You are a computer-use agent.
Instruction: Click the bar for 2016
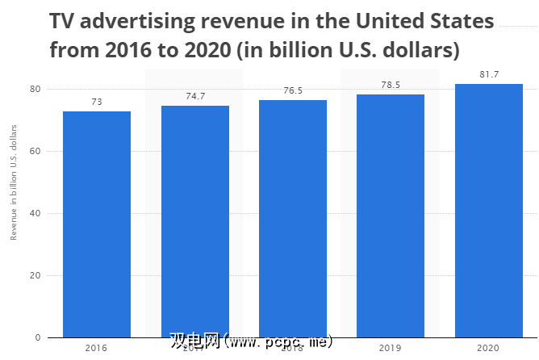click(97, 224)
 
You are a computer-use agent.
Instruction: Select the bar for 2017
click(194, 221)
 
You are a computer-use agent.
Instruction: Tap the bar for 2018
click(293, 218)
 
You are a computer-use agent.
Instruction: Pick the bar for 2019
click(391, 216)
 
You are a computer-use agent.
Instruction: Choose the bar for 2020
click(488, 210)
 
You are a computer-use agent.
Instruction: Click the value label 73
click(97, 103)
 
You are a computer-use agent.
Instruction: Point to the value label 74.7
click(194, 97)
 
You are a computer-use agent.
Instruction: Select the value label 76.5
click(293, 91)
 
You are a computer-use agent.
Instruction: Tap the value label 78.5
click(391, 86)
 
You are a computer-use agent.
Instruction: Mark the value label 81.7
click(488, 75)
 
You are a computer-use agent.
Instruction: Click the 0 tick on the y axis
click(36, 337)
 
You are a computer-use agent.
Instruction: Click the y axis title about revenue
click(14, 187)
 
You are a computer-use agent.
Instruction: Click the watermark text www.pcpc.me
click(278, 342)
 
